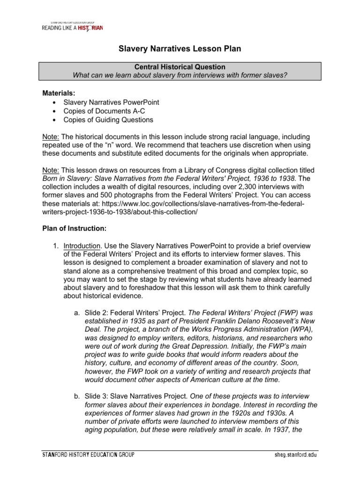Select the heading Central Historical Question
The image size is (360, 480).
click(180, 67)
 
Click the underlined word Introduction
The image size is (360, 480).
click(82, 246)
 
